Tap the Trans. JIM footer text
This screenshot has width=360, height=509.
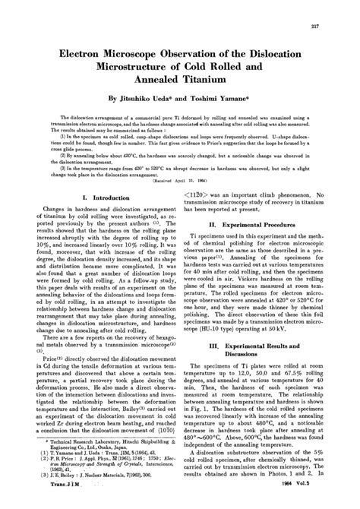[x=71, y=502]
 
